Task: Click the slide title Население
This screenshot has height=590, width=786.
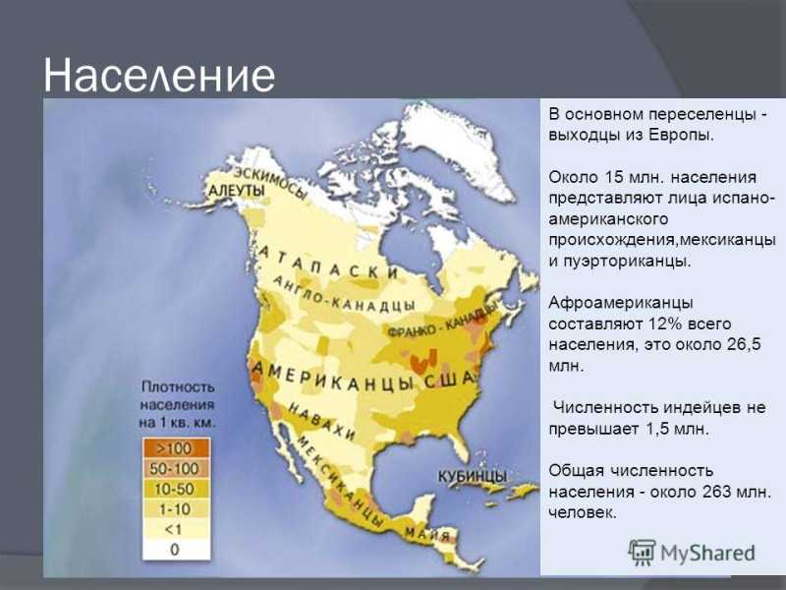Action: (159, 76)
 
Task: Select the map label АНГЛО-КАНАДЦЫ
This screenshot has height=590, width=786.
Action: (344, 296)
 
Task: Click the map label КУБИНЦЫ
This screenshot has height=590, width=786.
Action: (473, 476)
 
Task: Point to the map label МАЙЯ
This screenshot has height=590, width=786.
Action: (427, 533)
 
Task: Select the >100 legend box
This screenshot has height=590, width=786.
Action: (176, 448)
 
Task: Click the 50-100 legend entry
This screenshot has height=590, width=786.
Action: (176, 469)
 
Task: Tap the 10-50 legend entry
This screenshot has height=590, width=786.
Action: (176, 489)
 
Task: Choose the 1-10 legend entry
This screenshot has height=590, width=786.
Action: (176, 509)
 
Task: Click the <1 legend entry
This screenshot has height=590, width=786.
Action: (176, 529)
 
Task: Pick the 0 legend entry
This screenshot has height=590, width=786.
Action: (176, 550)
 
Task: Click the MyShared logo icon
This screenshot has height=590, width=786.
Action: (642, 553)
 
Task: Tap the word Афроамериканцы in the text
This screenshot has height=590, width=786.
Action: (621, 303)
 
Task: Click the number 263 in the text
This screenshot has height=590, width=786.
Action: (717, 491)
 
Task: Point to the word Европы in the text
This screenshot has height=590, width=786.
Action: (681, 136)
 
